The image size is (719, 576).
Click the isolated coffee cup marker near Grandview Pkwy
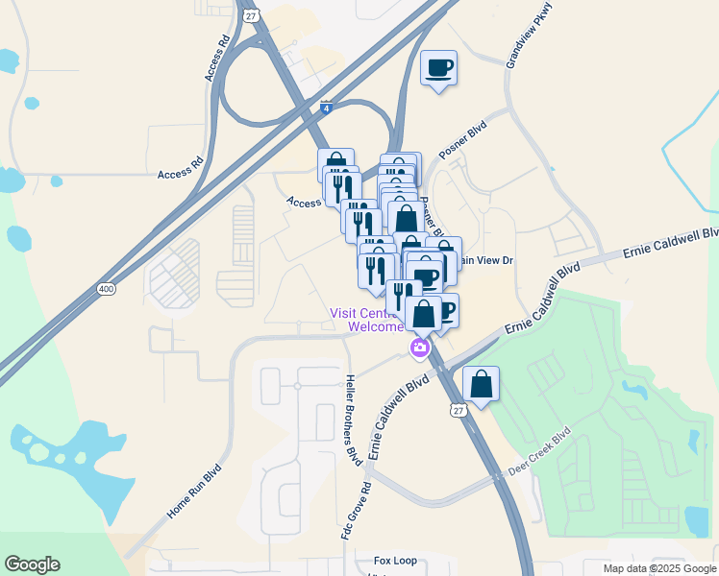click(438, 68)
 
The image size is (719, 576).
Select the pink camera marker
click(419, 348)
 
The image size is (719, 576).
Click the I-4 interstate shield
click(327, 109)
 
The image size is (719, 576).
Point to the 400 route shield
click(107, 288)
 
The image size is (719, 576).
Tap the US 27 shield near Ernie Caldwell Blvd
click(458, 410)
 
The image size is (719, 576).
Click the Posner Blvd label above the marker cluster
click(463, 140)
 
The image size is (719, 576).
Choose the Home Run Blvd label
click(194, 492)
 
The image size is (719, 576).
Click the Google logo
click(32, 564)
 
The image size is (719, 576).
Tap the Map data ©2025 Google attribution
click(658, 568)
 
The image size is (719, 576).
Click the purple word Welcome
click(376, 326)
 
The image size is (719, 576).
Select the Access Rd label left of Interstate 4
click(182, 174)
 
